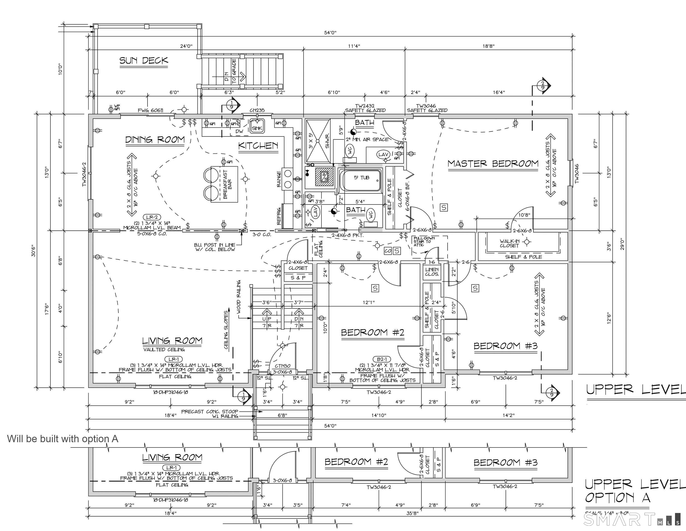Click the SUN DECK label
tap(144, 60)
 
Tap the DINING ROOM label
tap(155, 140)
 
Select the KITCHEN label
tap(258, 146)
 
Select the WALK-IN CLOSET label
tap(509, 243)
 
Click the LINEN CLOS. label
tap(431, 272)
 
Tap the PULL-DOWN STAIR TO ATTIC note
tap(424, 241)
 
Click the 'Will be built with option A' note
tap(63, 439)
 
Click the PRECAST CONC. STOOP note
tap(209, 411)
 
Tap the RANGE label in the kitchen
tap(279, 179)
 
